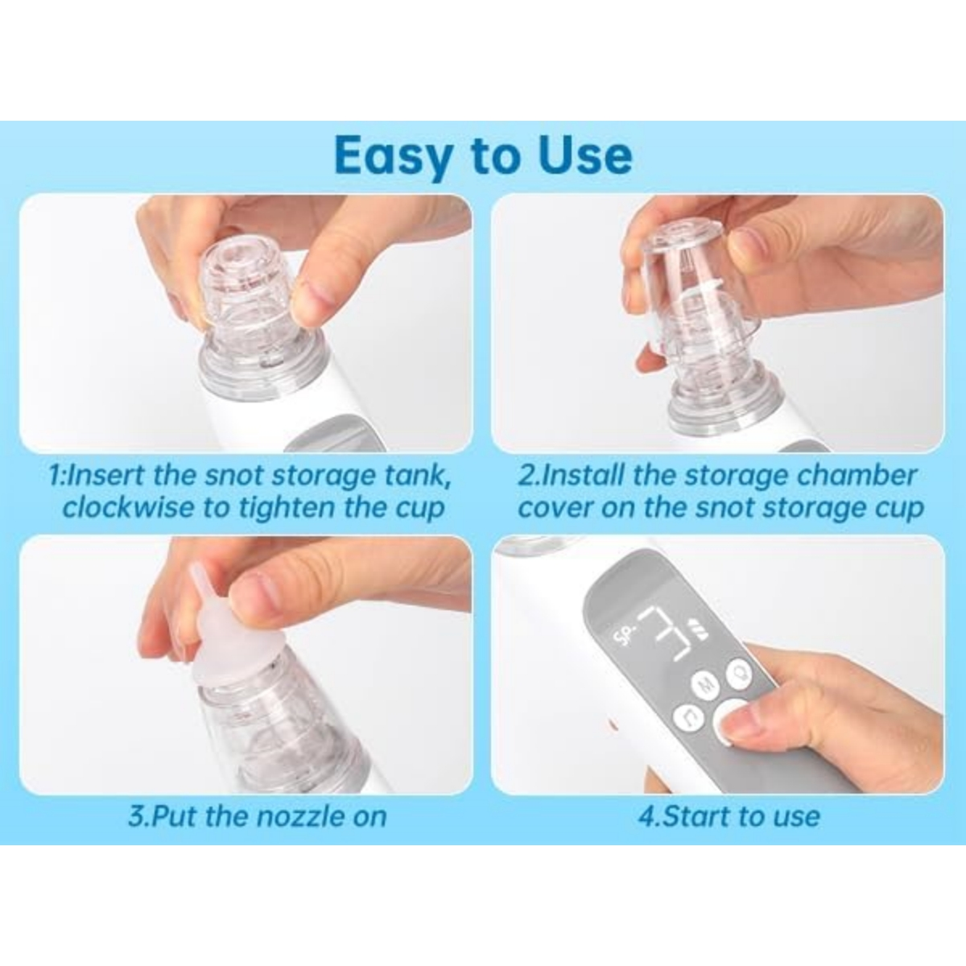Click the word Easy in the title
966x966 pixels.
pyautogui.click(x=394, y=156)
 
